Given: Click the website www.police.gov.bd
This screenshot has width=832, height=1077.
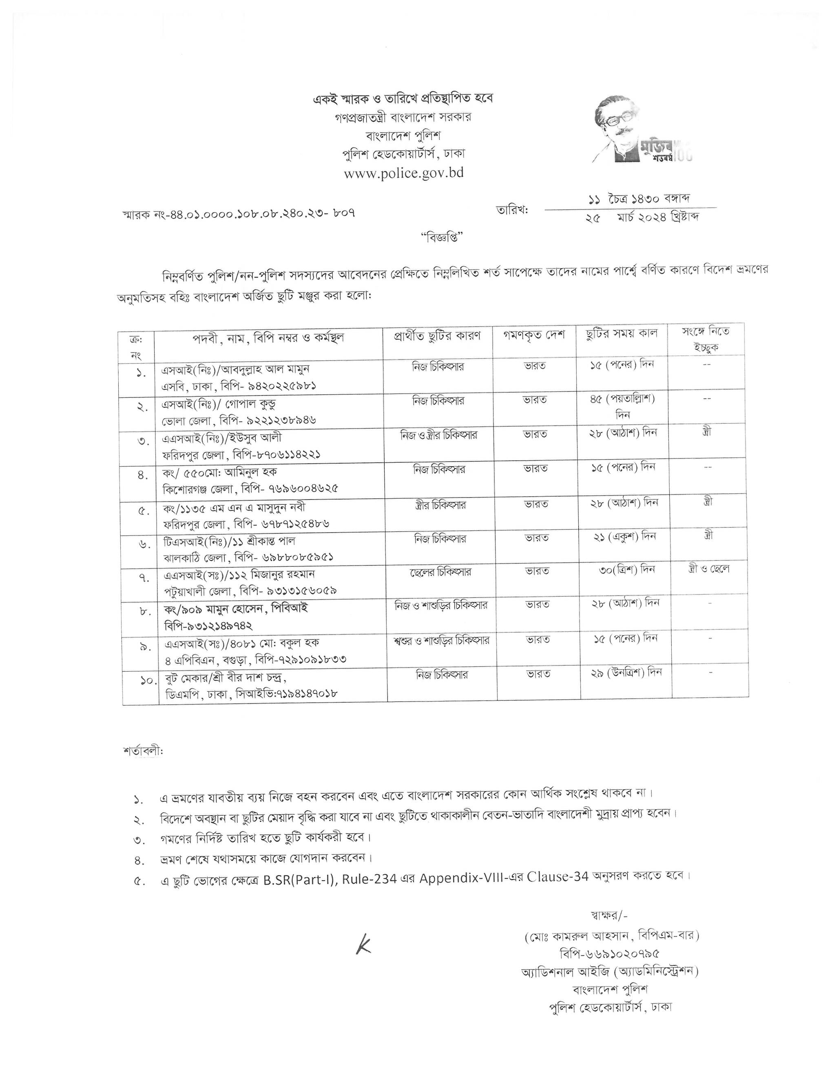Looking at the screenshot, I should (x=404, y=173).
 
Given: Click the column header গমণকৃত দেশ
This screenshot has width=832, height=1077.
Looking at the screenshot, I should (x=534, y=335).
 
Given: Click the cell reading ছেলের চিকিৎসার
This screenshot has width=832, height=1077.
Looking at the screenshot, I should (x=440, y=572).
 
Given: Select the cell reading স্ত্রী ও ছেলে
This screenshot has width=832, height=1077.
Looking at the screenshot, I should (x=708, y=569).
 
